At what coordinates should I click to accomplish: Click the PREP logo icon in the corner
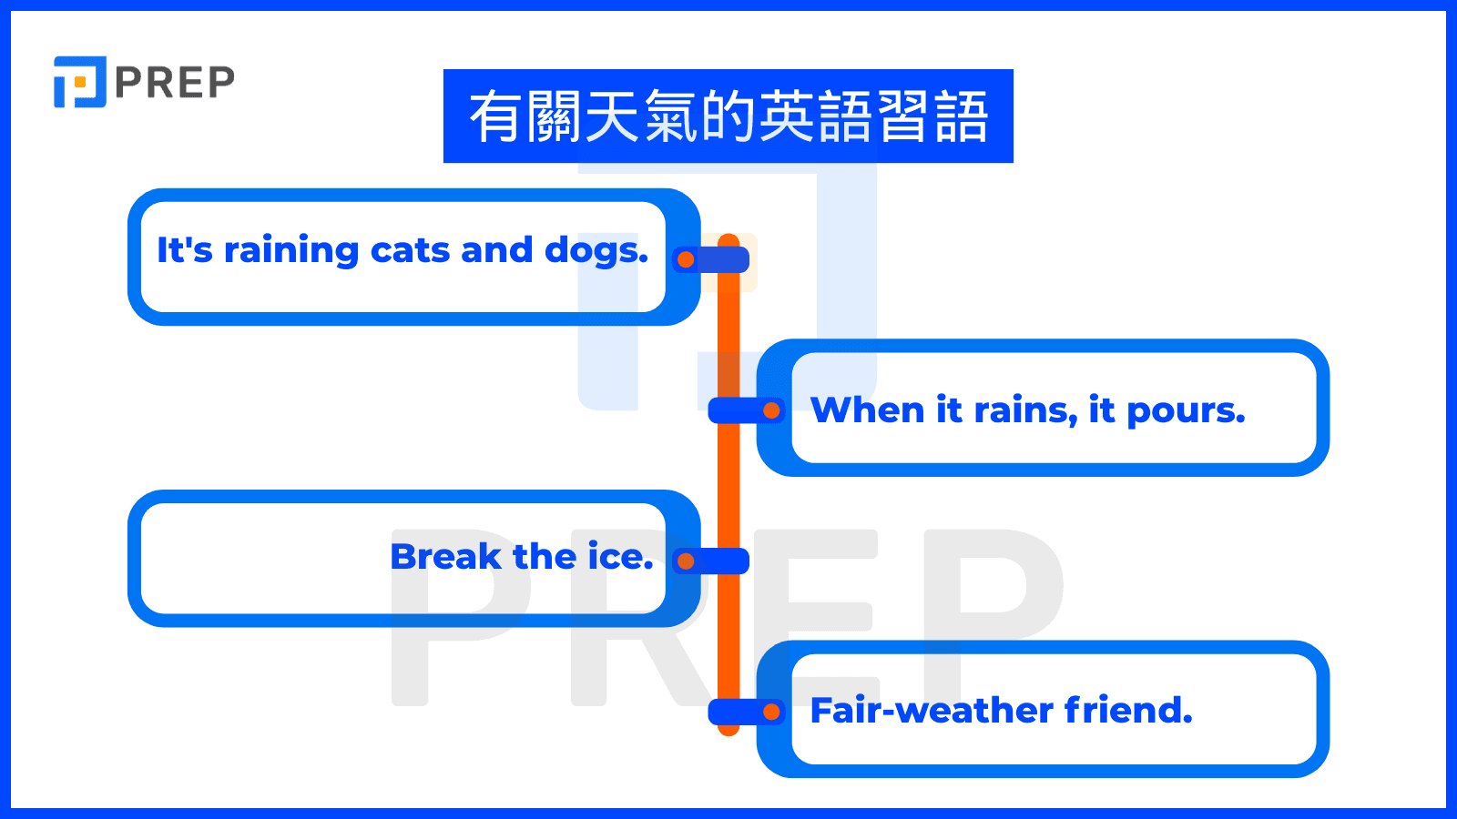[79, 82]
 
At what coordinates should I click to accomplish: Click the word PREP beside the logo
[175, 83]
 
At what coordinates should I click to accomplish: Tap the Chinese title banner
[728, 116]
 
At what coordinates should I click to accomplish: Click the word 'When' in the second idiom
[867, 410]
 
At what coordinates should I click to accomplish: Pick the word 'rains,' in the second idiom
[1025, 411]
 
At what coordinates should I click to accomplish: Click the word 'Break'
[445, 556]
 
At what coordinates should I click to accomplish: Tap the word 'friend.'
[1128, 710]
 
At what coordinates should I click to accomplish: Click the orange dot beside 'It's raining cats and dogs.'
[686, 260]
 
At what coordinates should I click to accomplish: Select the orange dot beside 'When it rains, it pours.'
[771, 410]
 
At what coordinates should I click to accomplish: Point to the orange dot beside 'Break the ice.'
[686, 561]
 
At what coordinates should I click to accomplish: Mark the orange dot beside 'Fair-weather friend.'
[771, 712]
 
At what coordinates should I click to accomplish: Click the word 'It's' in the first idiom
[184, 250]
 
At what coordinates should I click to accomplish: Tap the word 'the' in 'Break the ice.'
[544, 556]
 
